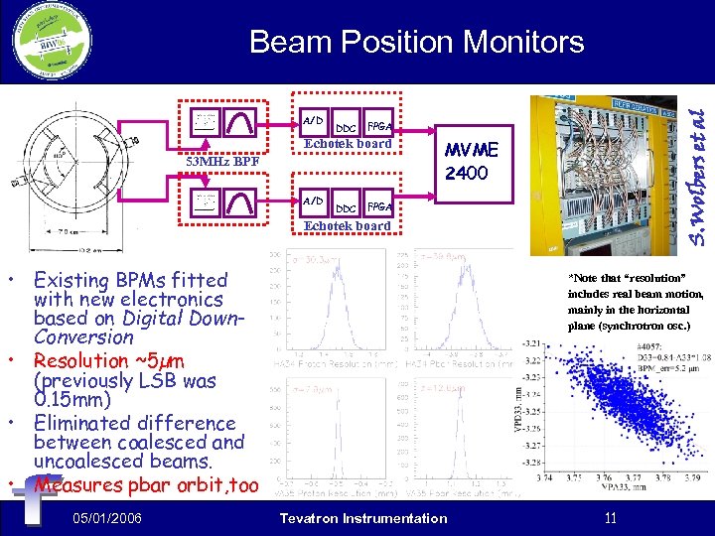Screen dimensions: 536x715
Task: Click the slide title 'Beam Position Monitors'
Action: (x=416, y=42)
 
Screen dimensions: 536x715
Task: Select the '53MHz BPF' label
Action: (x=223, y=161)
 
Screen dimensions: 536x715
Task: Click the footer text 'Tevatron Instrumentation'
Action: (x=363, y=518)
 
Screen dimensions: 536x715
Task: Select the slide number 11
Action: (x=611, y=518)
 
